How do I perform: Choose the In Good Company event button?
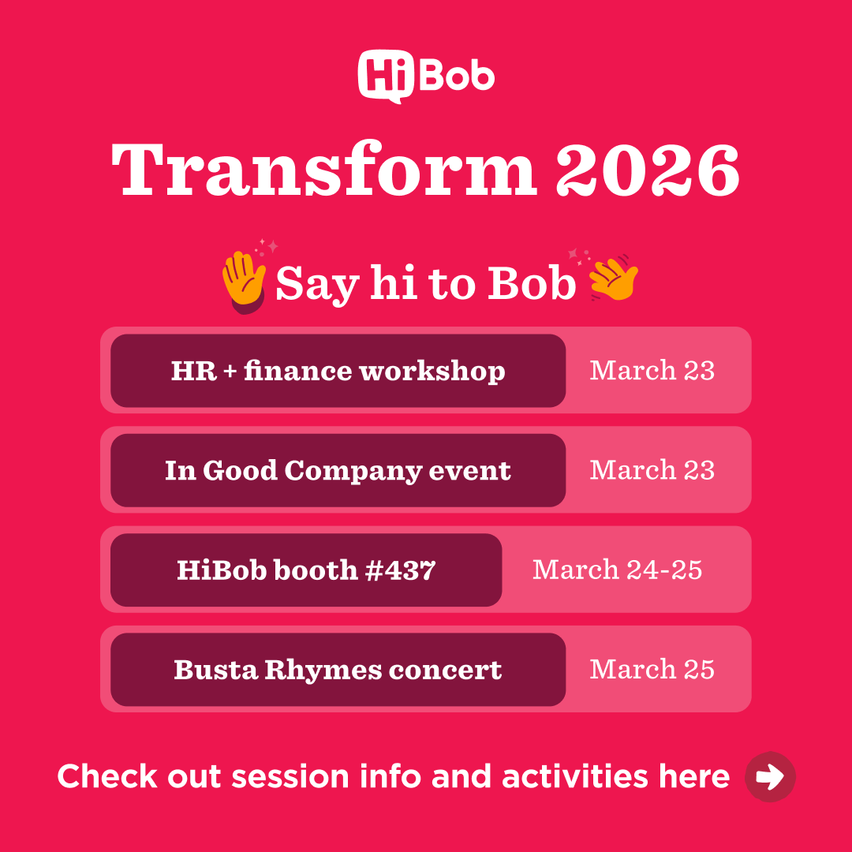coord(338,470)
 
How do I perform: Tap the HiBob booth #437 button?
coord(306,570)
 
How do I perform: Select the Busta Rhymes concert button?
coord(338,670)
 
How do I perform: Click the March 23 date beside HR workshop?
coord(652,371)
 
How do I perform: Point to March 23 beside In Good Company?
coord(652,470)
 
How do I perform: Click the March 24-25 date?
coord(618,570)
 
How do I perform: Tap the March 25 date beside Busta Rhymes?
coord(652,670)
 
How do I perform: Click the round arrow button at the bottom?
coord(770,777)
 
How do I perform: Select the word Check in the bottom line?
coord(107,776)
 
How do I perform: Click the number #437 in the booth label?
coord(401,570)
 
